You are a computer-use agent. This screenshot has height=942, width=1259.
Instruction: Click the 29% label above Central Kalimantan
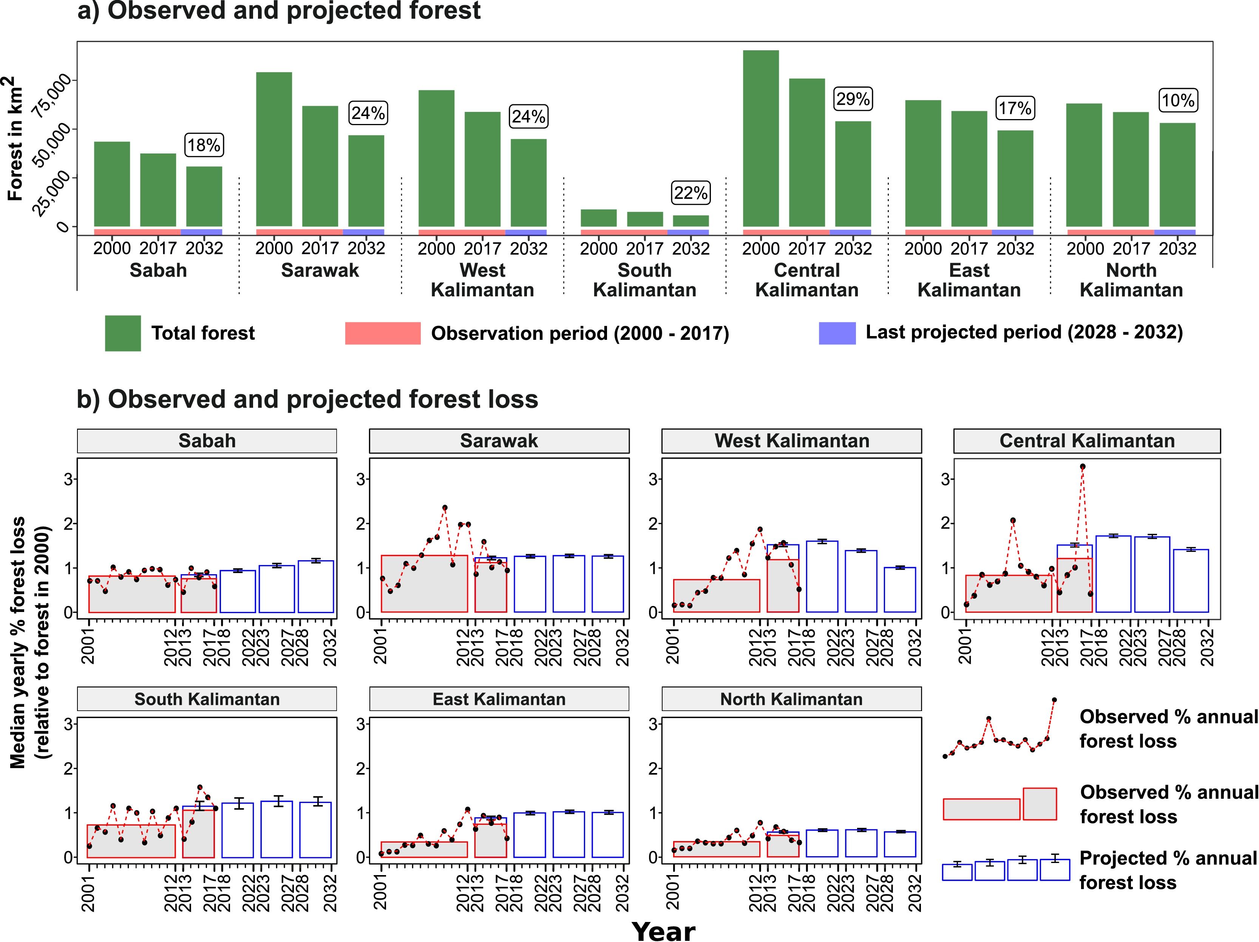point(853,99)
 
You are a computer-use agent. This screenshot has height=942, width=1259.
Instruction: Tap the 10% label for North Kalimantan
point(1178,101)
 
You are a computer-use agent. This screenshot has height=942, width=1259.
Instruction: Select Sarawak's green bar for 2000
point(274,149)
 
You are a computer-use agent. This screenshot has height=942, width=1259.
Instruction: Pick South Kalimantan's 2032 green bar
point(691,221)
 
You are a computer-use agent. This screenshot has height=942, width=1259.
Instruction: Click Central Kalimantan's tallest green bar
point(760,138)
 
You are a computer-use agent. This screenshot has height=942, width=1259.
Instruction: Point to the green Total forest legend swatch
point(122,333)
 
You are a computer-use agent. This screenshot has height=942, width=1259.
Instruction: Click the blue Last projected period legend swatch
point(837,333)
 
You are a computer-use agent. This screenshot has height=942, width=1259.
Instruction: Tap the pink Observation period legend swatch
point(383,333)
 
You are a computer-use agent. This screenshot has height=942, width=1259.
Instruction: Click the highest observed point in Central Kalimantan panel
point(1083,466)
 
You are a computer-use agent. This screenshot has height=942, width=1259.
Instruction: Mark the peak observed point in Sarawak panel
point(445,507)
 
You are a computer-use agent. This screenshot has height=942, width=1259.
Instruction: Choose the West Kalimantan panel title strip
point(791,441)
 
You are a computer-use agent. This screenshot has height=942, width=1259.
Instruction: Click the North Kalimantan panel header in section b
point(791,699)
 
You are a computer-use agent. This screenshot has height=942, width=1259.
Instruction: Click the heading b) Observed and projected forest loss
point(307,399)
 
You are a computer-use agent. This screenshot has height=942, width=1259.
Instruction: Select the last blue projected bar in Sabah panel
point(316,587)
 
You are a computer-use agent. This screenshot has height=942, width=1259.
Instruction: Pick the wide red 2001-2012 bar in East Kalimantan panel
point(424,850)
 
